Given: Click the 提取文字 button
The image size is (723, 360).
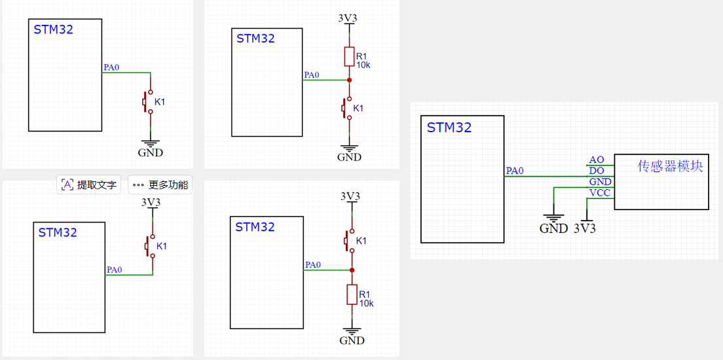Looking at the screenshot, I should [90, 185].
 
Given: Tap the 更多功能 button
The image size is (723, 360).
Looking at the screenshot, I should [160, 185].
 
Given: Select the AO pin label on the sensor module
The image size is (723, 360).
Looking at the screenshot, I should [596, 160].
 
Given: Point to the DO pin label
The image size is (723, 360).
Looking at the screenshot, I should [596, 171].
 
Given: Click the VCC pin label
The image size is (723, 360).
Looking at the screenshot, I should [600, 193].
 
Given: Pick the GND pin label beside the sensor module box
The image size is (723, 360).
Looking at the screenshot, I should [600, 182].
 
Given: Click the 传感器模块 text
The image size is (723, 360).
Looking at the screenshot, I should [670, 166].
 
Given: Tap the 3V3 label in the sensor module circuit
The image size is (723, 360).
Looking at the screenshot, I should [585, 228].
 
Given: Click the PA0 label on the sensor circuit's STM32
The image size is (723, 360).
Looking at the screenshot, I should [515, 171].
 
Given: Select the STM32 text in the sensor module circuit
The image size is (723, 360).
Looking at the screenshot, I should [449, 128].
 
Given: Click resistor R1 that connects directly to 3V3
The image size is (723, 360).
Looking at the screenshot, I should [349, 57].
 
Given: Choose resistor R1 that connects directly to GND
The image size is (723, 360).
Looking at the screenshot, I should [352, 295].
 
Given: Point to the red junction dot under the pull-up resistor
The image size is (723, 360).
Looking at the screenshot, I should [349, 80].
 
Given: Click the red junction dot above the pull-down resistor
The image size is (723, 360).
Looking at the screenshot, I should [352, 270].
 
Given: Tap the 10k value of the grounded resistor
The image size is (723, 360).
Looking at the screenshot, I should [367, 303].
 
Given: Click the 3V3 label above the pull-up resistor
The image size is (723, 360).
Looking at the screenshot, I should [348, 18].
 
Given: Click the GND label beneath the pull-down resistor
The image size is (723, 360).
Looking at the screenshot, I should [352, 340].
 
